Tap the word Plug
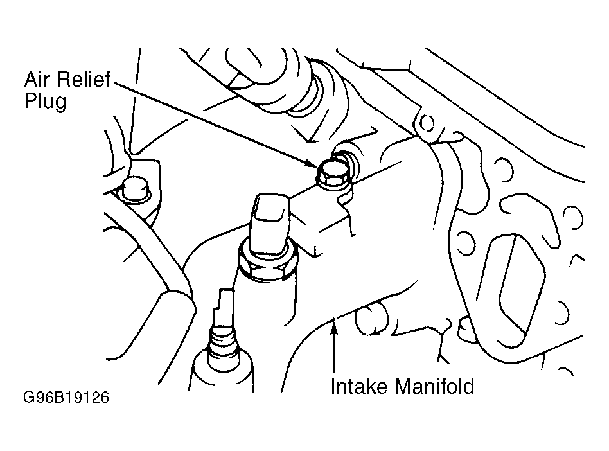click(45, 102)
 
